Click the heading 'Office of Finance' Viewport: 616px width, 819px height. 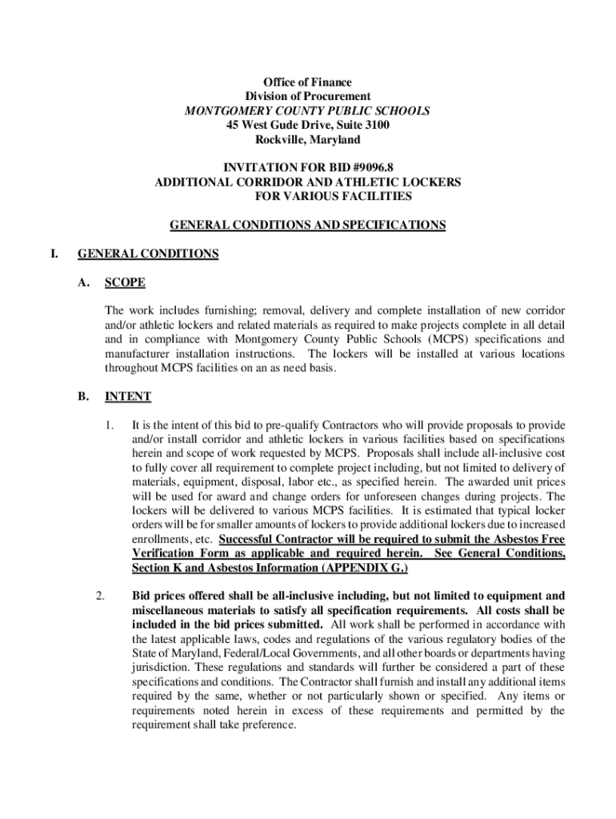(308, 82)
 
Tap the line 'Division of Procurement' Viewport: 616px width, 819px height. (308, 97)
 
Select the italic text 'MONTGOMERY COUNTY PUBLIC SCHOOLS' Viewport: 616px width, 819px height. (308, 111)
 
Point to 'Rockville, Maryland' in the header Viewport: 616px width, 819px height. (308, 140)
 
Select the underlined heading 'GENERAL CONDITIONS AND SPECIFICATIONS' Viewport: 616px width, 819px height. (308, 225)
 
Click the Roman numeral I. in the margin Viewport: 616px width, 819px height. (54, 254)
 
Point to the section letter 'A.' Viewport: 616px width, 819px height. (84, 282)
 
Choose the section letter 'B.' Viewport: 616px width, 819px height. (84, 396)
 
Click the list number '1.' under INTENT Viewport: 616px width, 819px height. (110, 424)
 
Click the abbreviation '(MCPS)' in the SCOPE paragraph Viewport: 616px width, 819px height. (434, 338)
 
